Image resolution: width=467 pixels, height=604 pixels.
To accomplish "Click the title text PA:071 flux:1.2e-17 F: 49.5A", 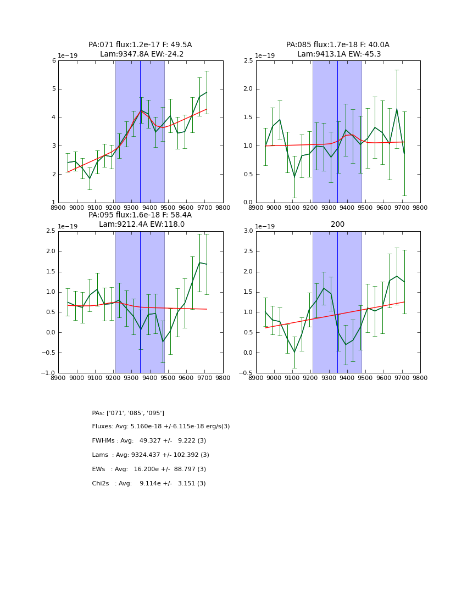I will [x=140, y=45].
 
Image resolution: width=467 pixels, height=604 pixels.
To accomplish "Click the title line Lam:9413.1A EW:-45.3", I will [x=339, y=54].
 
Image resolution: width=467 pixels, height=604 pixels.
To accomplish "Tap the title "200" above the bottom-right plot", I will [x=337, y=224].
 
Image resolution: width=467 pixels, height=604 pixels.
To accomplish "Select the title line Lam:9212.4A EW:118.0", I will [x=142, y=224].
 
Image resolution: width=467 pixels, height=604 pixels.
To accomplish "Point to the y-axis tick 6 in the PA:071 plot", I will [x=54, y=61].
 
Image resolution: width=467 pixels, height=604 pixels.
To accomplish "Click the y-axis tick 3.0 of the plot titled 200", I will [x=248, y=231].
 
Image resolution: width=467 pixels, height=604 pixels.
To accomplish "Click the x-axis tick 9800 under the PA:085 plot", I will [x=420, y=208].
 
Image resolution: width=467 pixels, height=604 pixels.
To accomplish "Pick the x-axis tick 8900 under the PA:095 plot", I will [x=58, y=378].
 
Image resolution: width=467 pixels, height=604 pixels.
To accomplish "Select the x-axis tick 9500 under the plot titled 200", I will [x=365, y=378].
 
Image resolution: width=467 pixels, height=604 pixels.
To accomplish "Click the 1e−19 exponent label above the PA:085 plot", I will [x=265, y=55].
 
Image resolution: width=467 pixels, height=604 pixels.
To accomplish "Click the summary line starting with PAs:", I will [x=128, y=413].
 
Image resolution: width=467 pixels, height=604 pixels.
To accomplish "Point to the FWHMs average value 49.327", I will [x=151, y=441].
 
